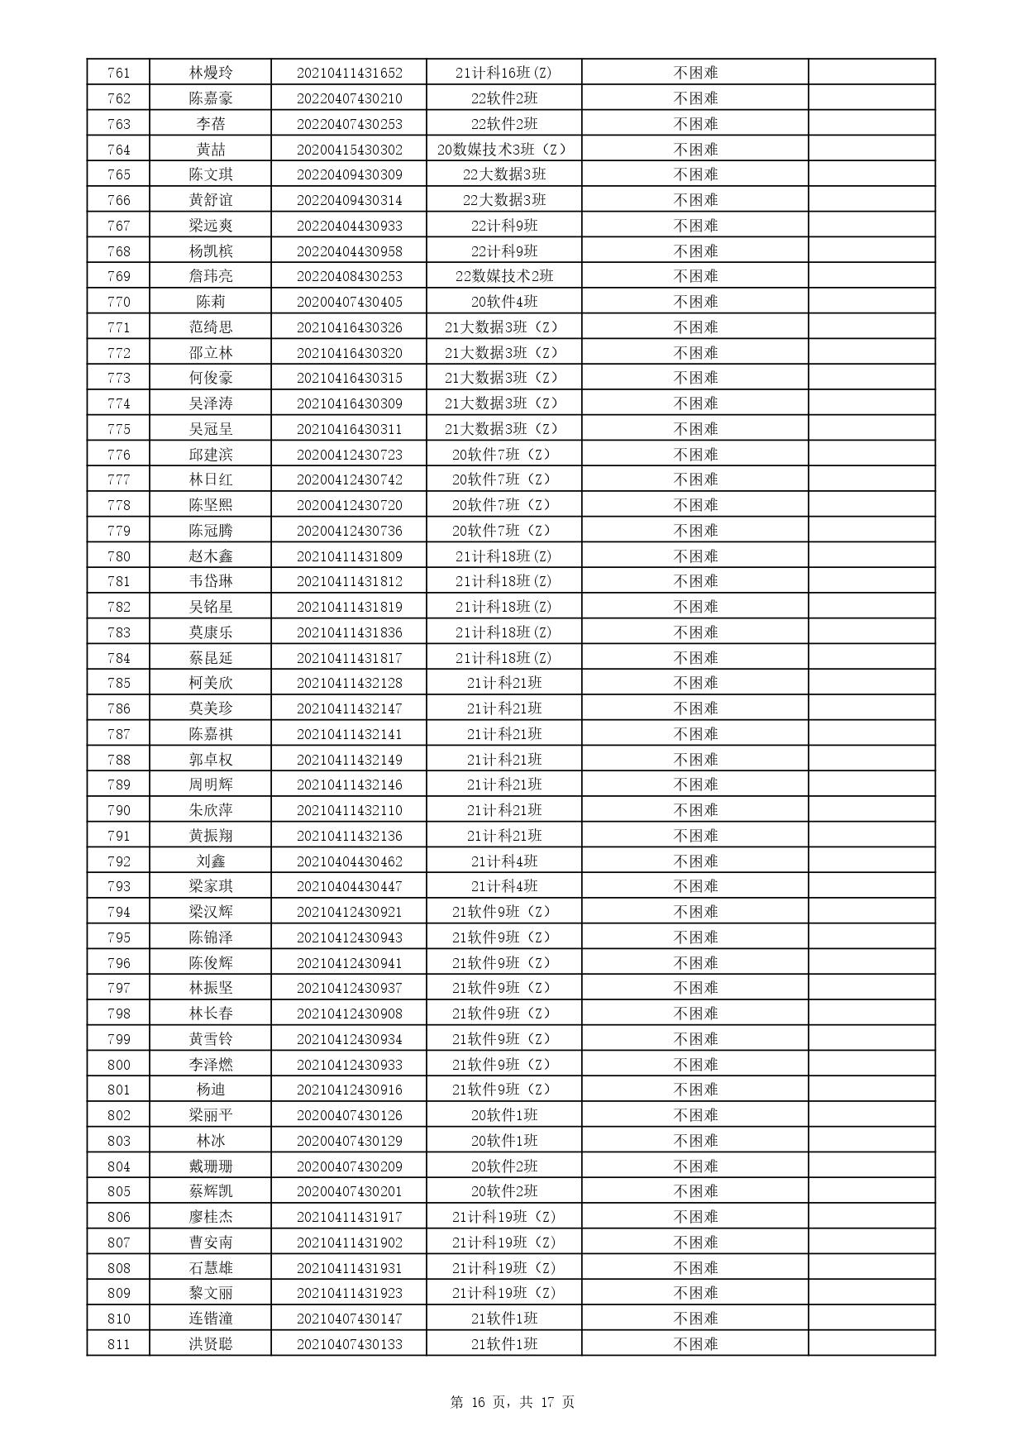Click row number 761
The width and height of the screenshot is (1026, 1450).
click(x=119, y=73)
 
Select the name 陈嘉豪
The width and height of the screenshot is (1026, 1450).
click(x=211, y=98)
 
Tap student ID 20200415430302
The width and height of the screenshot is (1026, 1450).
click(x=349, y=150)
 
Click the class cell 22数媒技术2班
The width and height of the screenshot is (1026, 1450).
click(x=503, y=276)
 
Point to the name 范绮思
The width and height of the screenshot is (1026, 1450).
click(x=211, y=327)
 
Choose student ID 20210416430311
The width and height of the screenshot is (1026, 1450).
click(x=349, y=429)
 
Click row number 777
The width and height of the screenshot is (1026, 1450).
click(x=119, y=479)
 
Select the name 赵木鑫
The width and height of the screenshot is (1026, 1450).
click(x=211, y=556)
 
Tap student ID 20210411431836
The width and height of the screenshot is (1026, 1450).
click(x=349, y=632)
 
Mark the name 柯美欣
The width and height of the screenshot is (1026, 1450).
click(x=211, y=683)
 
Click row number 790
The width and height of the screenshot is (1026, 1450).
click(x=119, y=810)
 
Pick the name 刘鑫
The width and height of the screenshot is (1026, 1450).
click(x=211, y=861)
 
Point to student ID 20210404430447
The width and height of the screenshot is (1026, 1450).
click(x=349, y=886)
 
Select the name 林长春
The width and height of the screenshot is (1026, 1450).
click(x=211, y=1014)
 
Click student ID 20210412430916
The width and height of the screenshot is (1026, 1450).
click(x=349, y=1090)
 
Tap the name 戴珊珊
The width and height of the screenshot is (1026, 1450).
click(x=211, y=1166)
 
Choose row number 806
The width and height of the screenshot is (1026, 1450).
click(x=119, y=1217)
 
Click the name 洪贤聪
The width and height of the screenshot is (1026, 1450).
click(x=211, y=1344)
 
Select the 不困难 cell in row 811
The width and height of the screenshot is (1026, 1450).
click(x=695, y=1344)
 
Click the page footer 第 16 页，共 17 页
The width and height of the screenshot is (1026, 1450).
click(x=513, y=1402)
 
